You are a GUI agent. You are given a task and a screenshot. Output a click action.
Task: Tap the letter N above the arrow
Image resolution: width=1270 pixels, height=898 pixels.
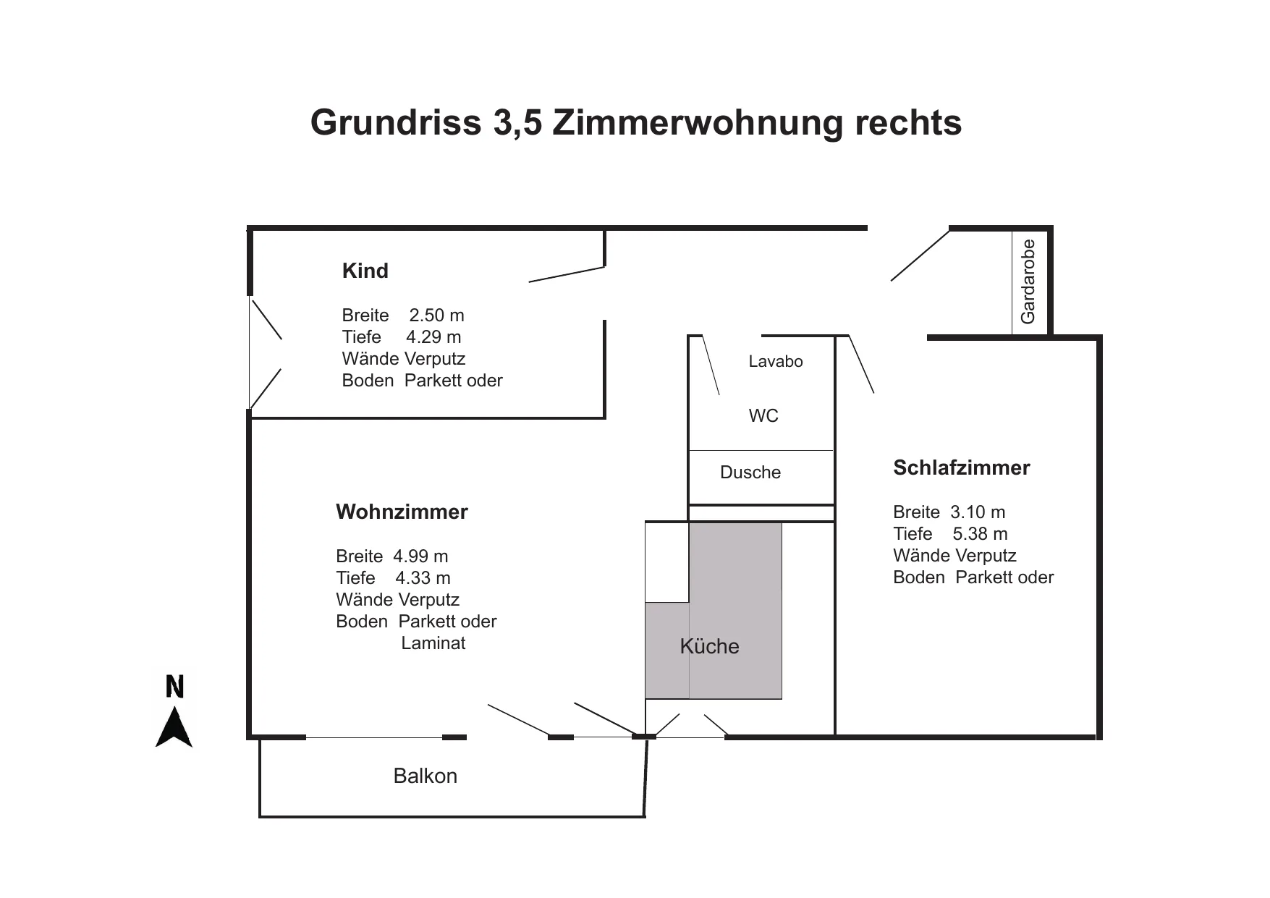pyautogui.click(x=175, y=686)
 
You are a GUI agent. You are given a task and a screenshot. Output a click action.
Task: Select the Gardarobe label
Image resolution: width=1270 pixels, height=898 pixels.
pyautogui.click(x=1028, y=281)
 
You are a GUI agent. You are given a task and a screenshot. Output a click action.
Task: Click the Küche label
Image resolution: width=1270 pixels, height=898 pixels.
pyautogui.click(x=709, y=646)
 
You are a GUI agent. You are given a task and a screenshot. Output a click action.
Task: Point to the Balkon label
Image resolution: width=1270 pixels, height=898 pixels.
pyautogui.click(x=426, y=776)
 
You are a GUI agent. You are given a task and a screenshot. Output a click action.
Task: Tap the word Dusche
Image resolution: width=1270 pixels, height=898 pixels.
pyautogui.click(x=750, y=473)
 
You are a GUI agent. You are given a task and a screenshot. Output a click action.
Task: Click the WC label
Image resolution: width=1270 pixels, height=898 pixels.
pyautogui.click(x=763, y=416)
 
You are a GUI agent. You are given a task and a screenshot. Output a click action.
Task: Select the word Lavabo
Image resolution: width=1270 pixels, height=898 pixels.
pyautogui.click(x=776, y=362)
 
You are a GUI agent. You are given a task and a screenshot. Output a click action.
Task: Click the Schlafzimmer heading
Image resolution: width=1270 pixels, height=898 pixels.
pyautogui.click(x=962, y=467)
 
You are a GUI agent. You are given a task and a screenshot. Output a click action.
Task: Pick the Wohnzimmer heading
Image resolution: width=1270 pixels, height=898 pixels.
pyautogui.click(x=402, y=512)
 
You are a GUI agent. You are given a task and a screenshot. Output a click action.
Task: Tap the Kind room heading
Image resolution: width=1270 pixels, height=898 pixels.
pyautogui.click(x=365, y=271)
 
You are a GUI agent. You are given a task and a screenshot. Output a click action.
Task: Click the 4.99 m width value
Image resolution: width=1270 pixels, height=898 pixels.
pyautogui.click(x=420, y=556)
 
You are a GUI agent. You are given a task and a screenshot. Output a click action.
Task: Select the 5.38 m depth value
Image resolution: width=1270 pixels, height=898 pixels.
pyautogui.click(x=980, y=534)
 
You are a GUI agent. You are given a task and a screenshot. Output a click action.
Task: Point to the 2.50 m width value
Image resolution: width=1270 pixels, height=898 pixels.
pyautogui.click(x=437, y=315)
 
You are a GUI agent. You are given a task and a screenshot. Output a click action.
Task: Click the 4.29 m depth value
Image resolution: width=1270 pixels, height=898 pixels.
pyautogui.click(x=433, y=337)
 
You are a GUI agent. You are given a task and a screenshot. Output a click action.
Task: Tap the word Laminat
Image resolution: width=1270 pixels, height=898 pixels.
pyautogui.click(x=433, y=643)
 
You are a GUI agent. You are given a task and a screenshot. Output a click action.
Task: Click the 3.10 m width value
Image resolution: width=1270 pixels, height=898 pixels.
pyautogui.click(x=978, y=512)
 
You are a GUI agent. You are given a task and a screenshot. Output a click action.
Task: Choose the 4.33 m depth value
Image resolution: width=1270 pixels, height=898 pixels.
pyautogui.click(x=423, y=578)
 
